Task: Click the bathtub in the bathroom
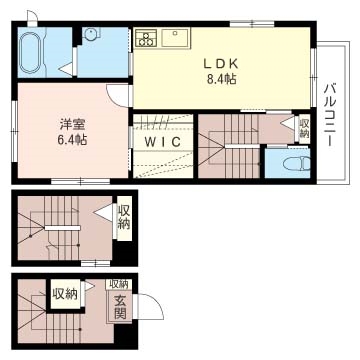(x=31, y=50)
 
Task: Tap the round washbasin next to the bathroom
(x=91, y=33)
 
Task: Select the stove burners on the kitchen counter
(x=146, y=39)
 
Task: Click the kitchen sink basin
(x=178, y=38)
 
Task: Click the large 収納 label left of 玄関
(x=65, y=294)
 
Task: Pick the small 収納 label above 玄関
(x=119, y=285)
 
